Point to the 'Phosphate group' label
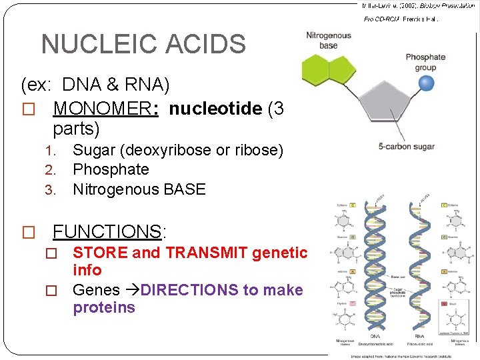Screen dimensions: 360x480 pos(425,62)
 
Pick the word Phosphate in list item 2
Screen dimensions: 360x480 pos(111,169)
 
